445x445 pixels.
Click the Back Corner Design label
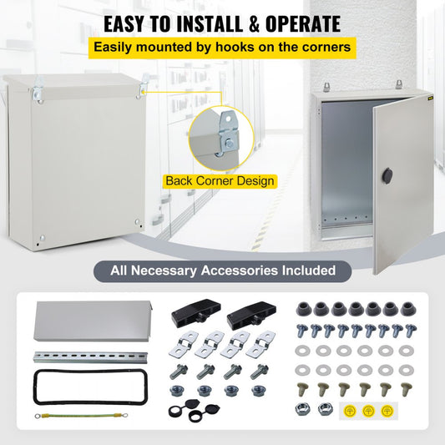click(x=220, y=180)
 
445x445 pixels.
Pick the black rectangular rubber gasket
click(x=68, y=387)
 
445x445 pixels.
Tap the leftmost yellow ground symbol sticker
click(x=346, y=410)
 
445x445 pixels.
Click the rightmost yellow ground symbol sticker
click(x=386, y=410)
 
